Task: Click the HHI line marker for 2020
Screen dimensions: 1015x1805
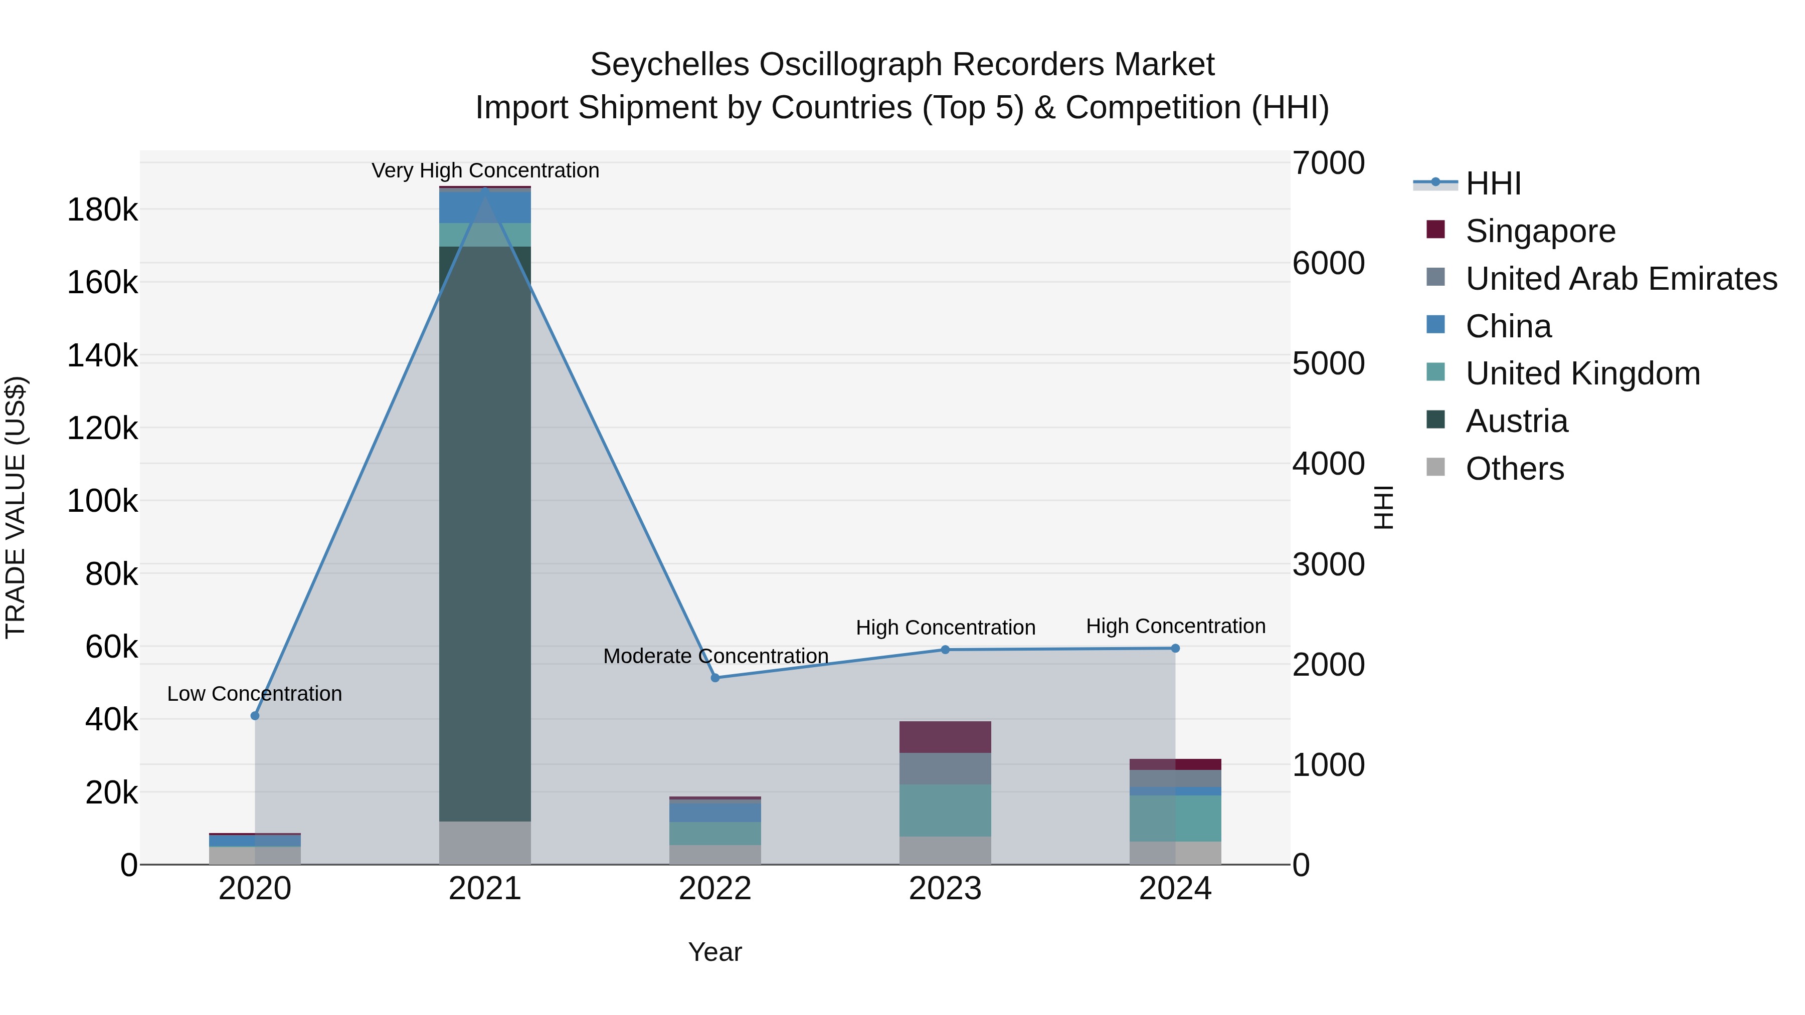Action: (255, 716)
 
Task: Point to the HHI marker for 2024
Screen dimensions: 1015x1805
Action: (1175, 649)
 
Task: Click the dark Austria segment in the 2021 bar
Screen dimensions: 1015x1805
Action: (485, 532)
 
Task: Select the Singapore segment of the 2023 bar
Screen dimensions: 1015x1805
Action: (945, 737)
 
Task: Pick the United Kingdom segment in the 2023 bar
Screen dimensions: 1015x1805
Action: (945, 810)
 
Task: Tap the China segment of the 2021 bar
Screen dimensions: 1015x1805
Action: (485, 207)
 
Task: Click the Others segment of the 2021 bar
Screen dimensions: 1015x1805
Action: (485, 843)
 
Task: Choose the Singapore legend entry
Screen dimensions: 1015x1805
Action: (1540, 231)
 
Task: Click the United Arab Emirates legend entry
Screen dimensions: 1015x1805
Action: (1620, 279)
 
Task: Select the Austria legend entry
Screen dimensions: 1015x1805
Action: (1516, 421)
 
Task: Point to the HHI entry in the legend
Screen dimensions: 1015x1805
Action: (1493, 183)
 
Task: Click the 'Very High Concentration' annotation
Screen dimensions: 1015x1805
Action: (485, 170)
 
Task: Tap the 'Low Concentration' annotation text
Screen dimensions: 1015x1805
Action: (254, 694)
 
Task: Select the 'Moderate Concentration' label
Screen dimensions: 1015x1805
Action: (715, 656)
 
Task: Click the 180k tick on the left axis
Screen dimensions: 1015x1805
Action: (102, 210)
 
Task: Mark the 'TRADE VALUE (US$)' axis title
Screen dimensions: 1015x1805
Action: (16, 507)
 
